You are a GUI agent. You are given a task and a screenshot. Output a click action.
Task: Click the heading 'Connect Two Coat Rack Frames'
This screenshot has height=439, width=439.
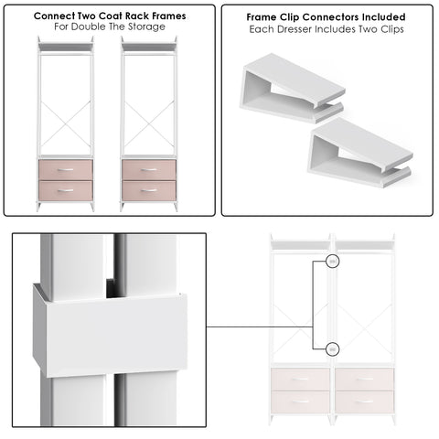point(109,16)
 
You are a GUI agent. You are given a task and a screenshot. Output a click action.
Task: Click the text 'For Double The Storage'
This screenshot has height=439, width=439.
point(109,28)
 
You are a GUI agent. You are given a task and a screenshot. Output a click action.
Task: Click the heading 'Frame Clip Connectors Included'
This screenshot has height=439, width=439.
point(327,16)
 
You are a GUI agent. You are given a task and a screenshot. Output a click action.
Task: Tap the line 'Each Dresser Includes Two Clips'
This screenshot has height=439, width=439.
point(327,29)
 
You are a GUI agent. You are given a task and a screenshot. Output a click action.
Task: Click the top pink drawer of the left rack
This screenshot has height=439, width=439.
point(67,170)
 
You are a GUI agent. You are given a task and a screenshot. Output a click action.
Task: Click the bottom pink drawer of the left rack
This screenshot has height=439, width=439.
point(67,190)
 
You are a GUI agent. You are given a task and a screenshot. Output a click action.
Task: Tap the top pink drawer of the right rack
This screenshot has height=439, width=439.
point(149,170)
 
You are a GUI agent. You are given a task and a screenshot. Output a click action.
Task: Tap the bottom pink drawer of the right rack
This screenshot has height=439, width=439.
point(149,190)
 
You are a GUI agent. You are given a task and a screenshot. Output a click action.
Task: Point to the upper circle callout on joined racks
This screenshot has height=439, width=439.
point(333,262)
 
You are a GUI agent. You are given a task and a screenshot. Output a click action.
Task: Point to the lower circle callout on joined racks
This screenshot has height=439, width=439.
point(333,348)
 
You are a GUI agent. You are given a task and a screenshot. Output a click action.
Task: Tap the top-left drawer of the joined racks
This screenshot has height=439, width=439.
point(301,380)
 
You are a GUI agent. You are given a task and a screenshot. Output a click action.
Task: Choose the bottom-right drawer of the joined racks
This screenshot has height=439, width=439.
point(365,402)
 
